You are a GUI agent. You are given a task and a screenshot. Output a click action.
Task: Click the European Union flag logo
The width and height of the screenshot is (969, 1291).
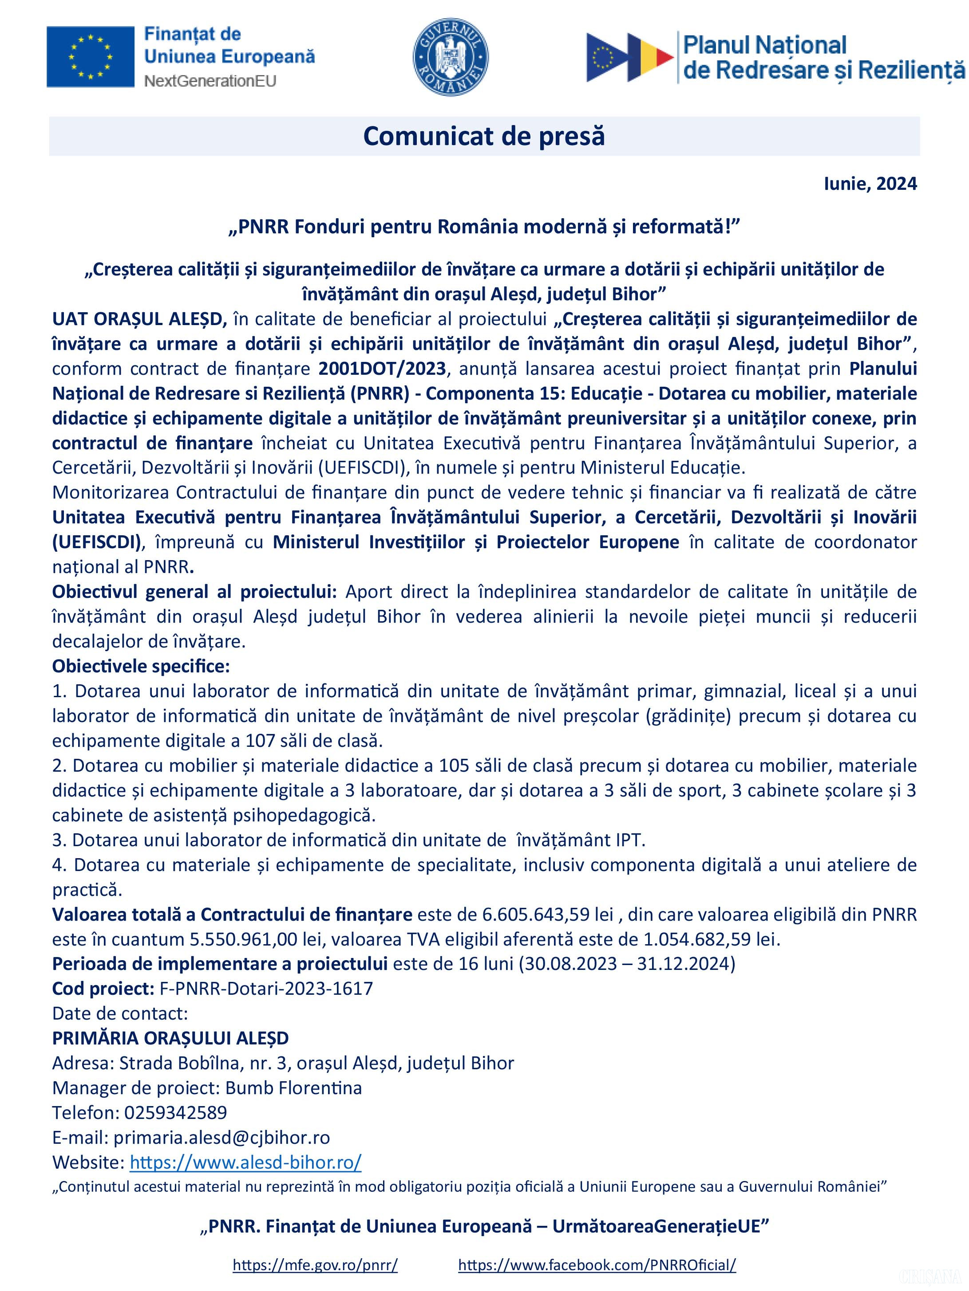click(90, 57)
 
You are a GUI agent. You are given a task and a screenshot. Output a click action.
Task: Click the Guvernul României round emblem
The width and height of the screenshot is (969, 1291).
click(451, 57)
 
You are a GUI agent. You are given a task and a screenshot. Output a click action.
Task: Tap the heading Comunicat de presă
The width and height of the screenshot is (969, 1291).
click(484, 137)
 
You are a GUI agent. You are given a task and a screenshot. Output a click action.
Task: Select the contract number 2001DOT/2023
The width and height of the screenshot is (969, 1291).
click(382, 369)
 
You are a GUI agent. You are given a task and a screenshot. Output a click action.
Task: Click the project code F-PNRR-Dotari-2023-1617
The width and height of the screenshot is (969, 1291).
click(266, 988)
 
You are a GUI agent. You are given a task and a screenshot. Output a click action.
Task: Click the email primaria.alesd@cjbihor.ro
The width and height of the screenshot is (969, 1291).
click(221, 1137)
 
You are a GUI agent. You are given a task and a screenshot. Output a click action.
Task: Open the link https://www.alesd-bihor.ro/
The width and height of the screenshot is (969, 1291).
click(245, 1162)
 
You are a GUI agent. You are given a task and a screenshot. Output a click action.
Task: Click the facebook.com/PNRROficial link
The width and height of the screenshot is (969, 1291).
click(597, 1265)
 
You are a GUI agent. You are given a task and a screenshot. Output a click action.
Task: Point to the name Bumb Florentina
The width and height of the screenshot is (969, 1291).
click(293, 1088)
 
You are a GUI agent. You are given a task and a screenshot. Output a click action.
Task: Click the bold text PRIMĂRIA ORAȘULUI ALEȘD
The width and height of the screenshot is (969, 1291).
click(170, 1038)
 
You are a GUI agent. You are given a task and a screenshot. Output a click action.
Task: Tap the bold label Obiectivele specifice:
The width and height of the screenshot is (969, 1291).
click(141, 666)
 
